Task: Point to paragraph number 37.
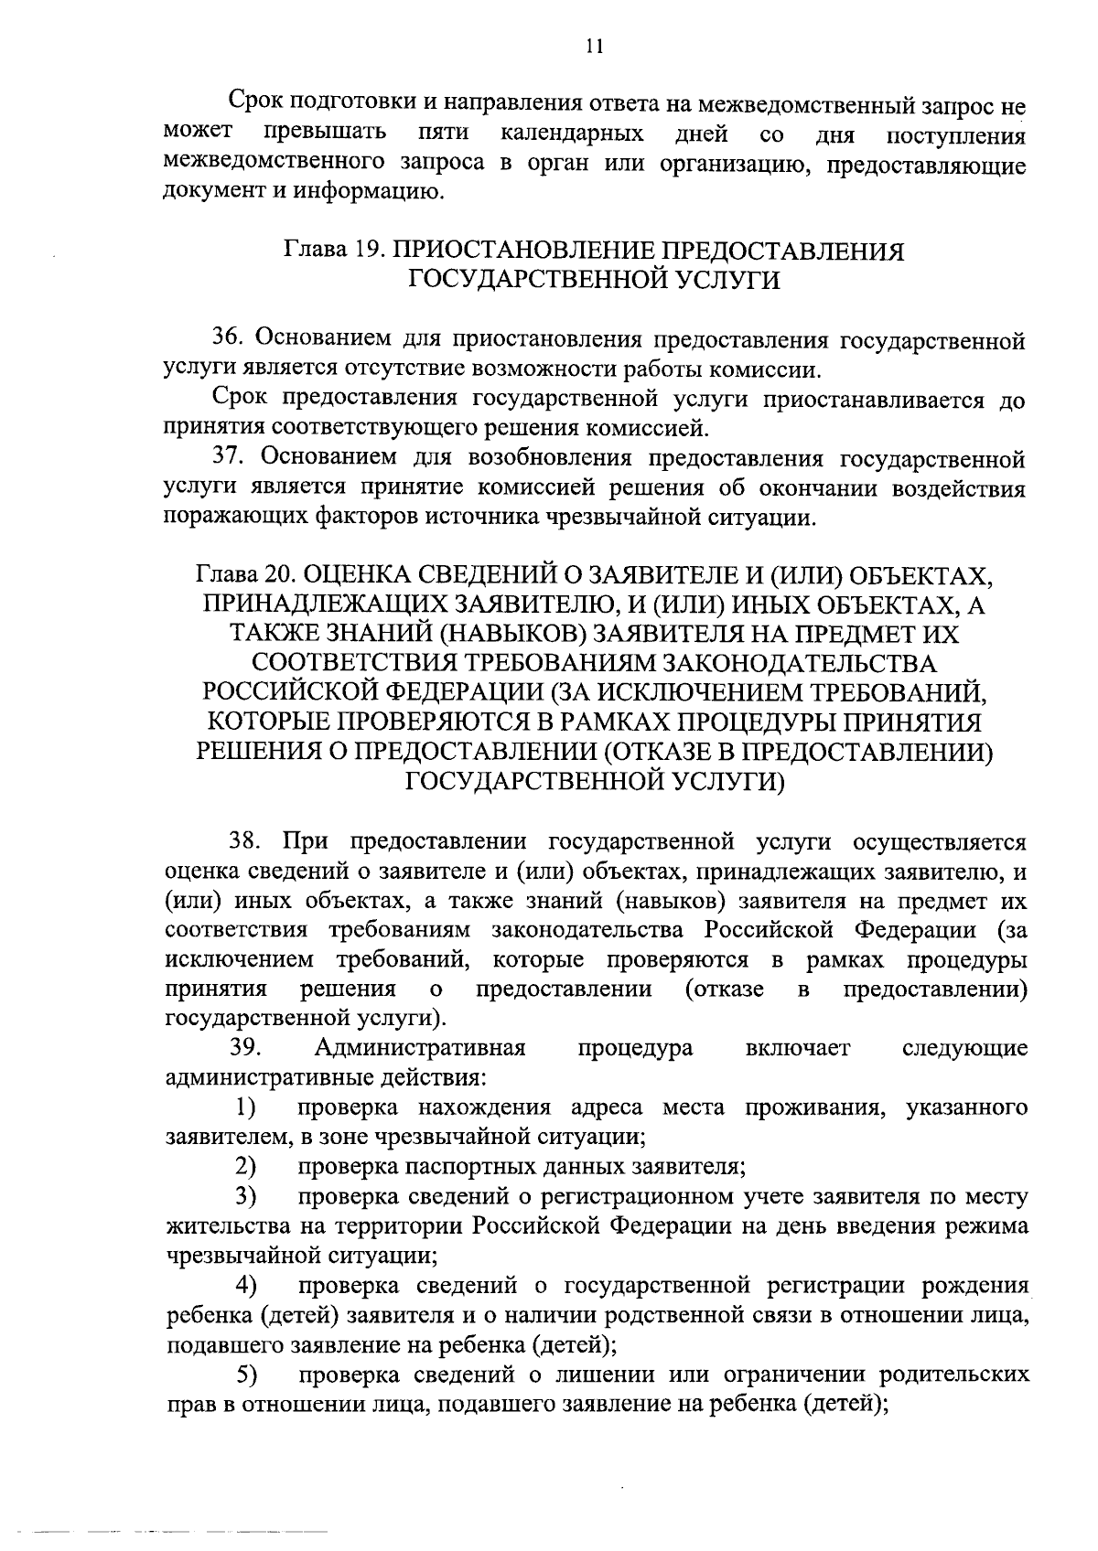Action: [x=231, y=456]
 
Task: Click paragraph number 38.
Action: [x=247, y=841]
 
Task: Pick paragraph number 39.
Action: [x=247, y=1047]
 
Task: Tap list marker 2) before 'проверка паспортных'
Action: [x=244, y=1166]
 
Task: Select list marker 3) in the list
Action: [x=244, y=1196]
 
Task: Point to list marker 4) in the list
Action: [x=244, y=1285]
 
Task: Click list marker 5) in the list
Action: [x=244, y=1374]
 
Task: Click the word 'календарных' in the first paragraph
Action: [x=572, y=135]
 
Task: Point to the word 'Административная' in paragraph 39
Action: [x=421, y=1047]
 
